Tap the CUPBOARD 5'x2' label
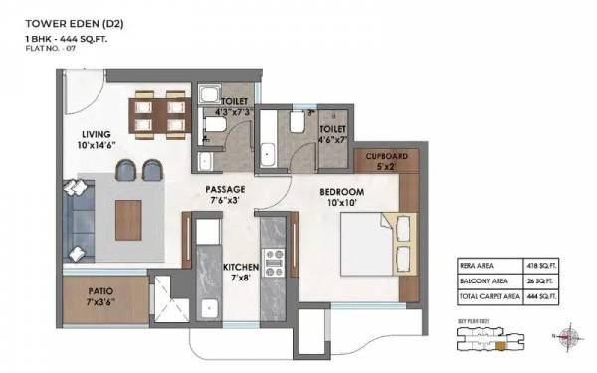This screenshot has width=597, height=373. coord(385,162)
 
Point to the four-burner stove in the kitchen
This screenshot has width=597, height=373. coord(273,261)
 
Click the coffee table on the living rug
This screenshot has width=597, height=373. coord(128,214)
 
